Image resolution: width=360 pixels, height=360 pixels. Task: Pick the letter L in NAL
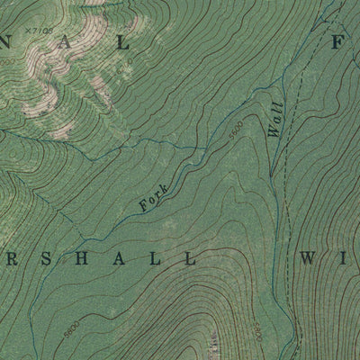coord(122,41)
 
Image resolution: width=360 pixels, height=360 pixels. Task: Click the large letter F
coord(339,41)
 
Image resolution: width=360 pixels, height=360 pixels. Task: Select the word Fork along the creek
coord(155,198)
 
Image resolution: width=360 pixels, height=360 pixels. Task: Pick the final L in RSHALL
coord(188,258)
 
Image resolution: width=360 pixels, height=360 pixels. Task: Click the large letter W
coord(306,258)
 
